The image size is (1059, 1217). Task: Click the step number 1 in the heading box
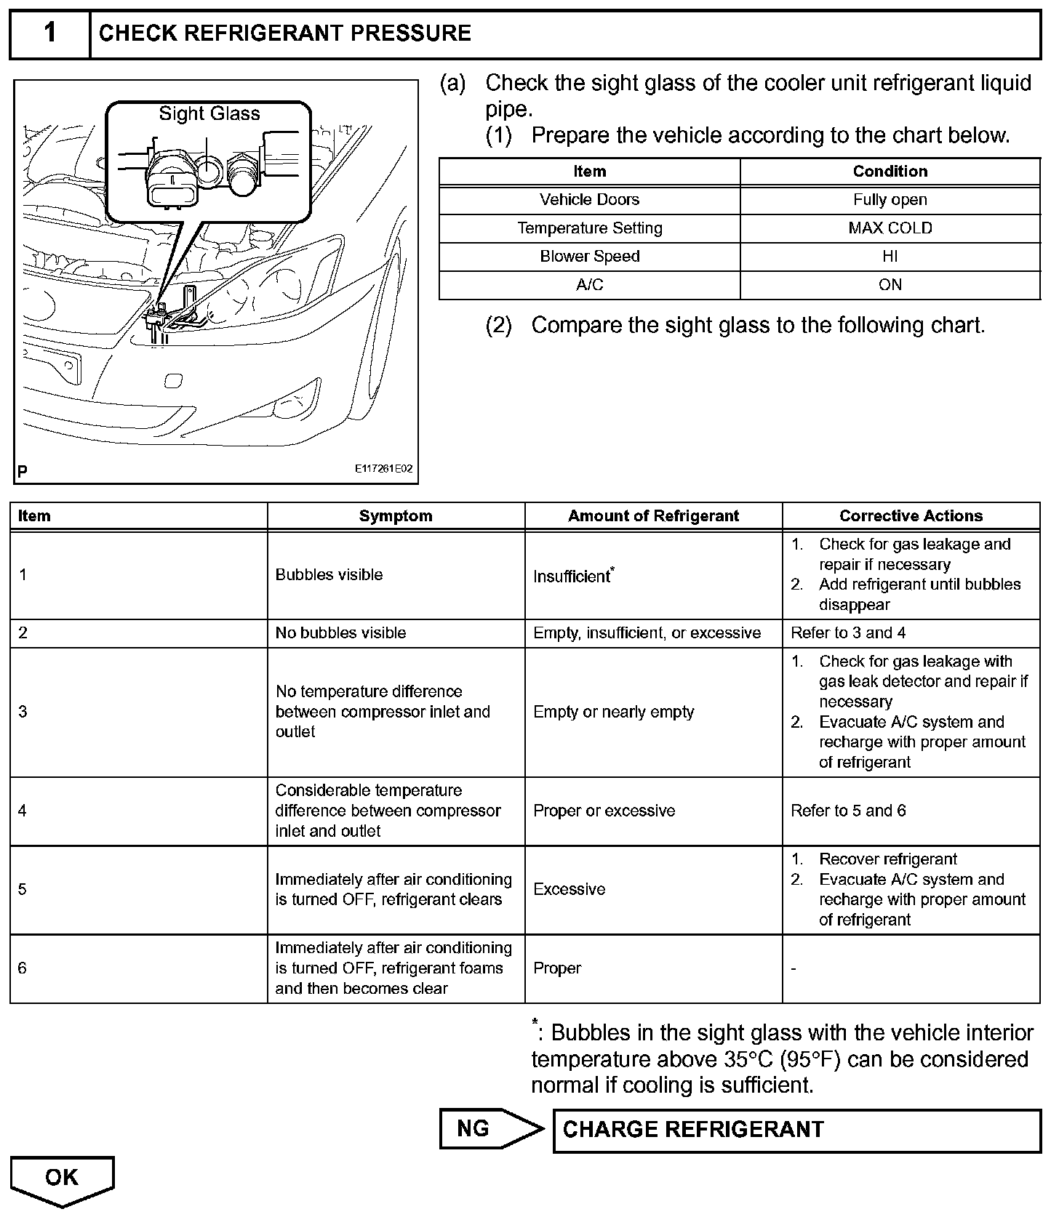click(x=49, y=33)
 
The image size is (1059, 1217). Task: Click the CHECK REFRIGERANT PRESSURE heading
click(x=284, y=33)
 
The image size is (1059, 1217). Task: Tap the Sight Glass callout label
click(x=209, y=113)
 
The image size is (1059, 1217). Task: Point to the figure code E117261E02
click(x=383, y=469)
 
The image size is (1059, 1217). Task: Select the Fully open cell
click(x=890, y=200)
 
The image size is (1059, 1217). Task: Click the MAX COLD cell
click(x=890, y=228)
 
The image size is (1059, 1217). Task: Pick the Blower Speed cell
click(x=589, y=257)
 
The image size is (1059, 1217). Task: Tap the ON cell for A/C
click(x=890, y=285)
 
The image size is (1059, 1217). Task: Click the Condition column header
click(x=890, y=172)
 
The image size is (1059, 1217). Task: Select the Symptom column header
click(x=396, y=516)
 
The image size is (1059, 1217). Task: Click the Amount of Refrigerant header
click(x=653, y=516)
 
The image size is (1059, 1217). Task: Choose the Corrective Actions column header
click(x=911, y=516)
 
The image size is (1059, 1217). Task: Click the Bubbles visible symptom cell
click(x=329, y=575)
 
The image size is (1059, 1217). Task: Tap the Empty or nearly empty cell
click(x=613, y=712)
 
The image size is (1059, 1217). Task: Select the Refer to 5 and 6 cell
click(x=848, y=811)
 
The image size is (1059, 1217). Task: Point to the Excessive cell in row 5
click(x=569, y=889)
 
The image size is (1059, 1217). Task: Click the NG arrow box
click(x=487, y=1128)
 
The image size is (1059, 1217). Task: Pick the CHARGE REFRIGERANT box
click(x=796, y=1130)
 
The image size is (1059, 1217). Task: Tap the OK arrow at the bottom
click(x=62, y=1178)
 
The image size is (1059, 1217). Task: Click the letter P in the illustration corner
click(x=23, y=472)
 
